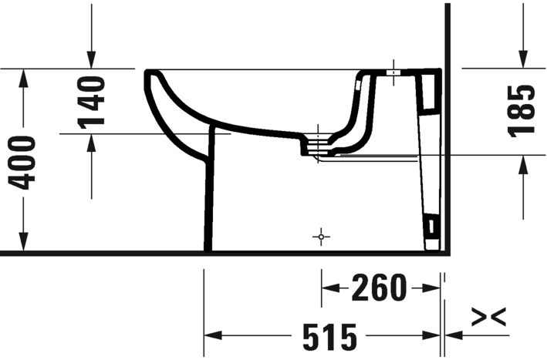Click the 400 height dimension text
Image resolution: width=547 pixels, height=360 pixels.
click(24, 161)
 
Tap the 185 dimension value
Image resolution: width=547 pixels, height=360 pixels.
click(522, 110)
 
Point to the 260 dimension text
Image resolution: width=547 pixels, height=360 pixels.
click(378, 289)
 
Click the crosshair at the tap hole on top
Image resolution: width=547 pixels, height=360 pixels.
click(393, 72)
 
